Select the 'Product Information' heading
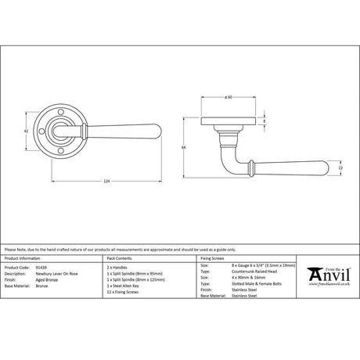point(23,257)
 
